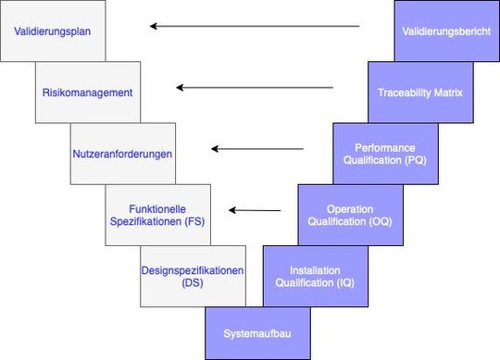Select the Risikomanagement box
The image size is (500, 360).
pos(88,93)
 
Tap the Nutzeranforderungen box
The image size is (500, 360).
pos(122,153)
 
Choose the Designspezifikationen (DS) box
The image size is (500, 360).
pos(193,276)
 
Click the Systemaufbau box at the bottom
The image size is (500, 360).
pos(249,332)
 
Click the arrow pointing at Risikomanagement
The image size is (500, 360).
pos(254,88)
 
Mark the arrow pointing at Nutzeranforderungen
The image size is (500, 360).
pos(257,148)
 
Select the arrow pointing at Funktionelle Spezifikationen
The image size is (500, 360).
pos(255,209)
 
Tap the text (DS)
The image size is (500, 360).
pos(193,283)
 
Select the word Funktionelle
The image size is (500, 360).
pos(158,208)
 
